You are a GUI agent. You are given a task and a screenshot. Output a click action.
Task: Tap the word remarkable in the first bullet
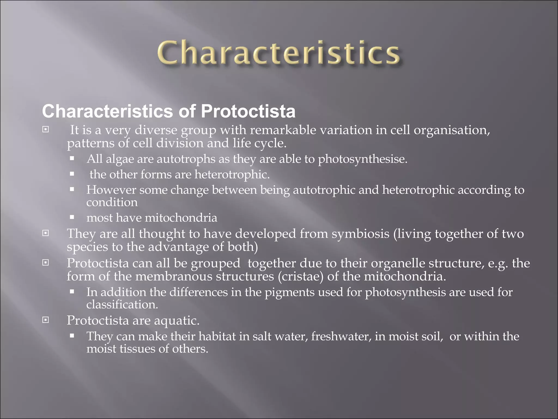[x=283, y=130]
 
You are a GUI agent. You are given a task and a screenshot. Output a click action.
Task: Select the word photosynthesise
[x=362, y=159]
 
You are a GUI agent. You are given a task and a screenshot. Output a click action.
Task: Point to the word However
[x=111, y=190]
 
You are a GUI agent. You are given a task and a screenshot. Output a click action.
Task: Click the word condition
[x=112, y=202]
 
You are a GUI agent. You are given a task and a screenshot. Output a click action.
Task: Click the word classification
[x=122, y=305]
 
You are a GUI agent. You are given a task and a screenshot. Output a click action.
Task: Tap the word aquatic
[x=177, y=320]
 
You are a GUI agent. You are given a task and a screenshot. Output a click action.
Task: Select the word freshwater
[x=341, y=336]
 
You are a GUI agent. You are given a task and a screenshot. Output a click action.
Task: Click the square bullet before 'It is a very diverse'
[x=46, y=129]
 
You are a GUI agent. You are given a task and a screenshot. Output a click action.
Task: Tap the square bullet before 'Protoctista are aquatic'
[x=46, y=319]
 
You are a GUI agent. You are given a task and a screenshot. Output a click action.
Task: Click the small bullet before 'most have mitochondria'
[x=72, y=217]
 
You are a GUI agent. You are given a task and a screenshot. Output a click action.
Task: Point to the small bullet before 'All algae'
[x=72, y=158]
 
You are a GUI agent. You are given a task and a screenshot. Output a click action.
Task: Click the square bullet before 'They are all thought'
[x=46, y=233]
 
